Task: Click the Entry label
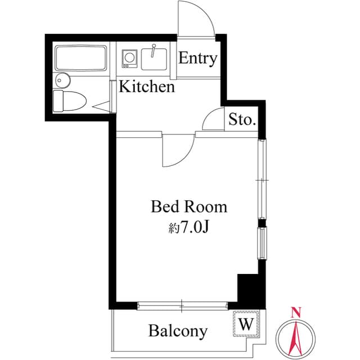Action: (x=198, y=59)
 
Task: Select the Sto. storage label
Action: (x=242, y=120)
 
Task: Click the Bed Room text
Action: (x=189, y=207)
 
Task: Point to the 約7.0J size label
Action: (x=189, y=228)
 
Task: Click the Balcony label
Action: (x=178, y=331)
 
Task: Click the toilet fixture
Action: (x=69, y=102)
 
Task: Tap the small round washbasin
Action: (x=62, y=79)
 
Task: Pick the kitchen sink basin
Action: (x=154, y=58)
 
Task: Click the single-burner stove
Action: (x=130, y=58)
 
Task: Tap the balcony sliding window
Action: (x=182, y=306)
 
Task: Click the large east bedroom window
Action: (x=263, y=179)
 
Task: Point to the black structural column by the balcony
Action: (x=247, y=289)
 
